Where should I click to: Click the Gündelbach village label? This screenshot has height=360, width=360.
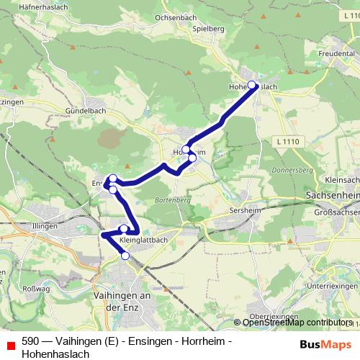tap(86, 112)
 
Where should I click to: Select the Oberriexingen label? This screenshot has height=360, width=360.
tap(274, 317)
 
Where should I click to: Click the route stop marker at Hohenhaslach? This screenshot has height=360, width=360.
tap(252, 85)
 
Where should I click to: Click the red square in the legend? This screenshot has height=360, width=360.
tap(9, 343)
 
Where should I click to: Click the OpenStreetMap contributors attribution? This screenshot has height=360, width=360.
tap(296, 323)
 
